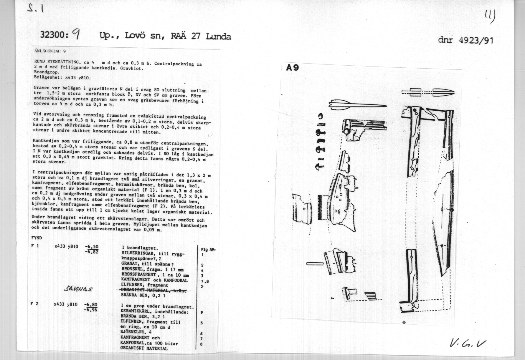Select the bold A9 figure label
tap(292, 68)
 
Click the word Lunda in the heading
tap(218, 36)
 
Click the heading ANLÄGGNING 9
tap(50, 51)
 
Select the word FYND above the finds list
tap(37, 238)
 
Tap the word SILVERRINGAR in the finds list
tap(138, 253)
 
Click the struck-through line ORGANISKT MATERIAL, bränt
tap(154, 290)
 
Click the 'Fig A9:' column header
tap(208, 250)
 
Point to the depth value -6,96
tap(91, 309)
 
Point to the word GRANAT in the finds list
tap(130, 264)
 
